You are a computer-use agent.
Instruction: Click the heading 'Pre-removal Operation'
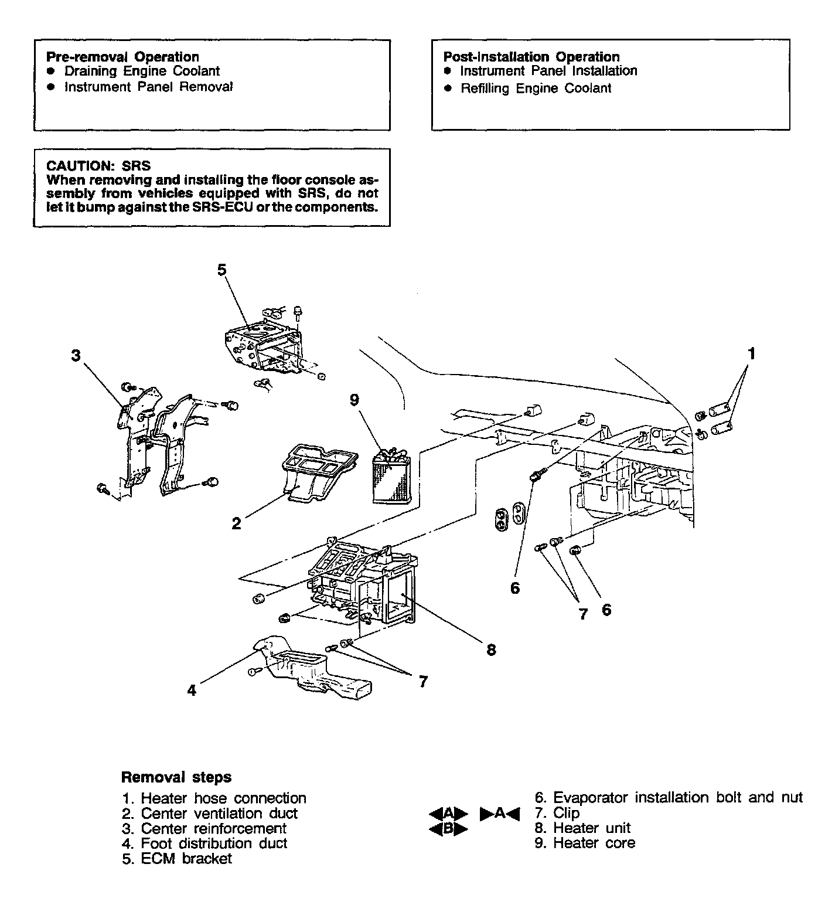122,57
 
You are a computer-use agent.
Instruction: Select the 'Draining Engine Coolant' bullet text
142,72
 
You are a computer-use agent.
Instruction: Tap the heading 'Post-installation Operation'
531,57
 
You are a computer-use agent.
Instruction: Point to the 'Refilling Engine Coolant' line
536,89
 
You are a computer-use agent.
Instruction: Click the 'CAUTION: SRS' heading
98,166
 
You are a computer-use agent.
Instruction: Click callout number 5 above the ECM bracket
221,270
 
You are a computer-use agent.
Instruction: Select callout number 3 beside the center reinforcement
76,355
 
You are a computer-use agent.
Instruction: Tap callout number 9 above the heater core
354,400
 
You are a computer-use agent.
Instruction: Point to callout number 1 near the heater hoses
752,353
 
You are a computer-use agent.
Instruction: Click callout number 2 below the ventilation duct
236,523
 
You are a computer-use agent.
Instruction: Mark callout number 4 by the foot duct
192,690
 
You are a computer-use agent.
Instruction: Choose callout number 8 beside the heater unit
491,649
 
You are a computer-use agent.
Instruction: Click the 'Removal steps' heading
176,777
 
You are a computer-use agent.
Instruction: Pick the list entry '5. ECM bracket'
178,859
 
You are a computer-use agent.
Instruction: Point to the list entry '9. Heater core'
585,843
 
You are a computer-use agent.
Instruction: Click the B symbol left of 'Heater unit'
449,829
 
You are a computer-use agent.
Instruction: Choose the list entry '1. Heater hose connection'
214,798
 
